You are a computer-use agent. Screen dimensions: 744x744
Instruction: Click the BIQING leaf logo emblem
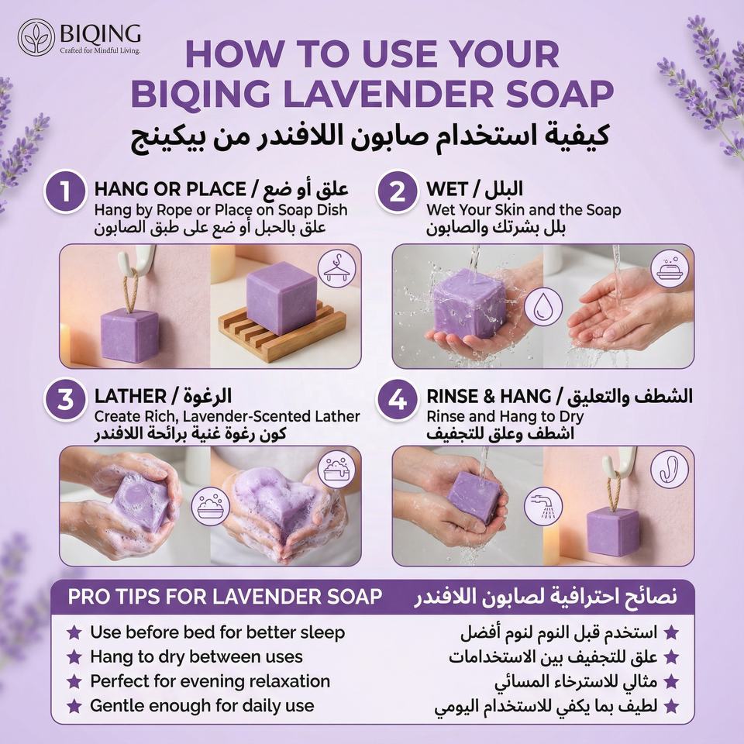click(36, 37)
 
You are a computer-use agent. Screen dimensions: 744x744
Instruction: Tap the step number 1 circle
click(65, 191)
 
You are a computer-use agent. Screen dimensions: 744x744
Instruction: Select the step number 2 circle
click(398, 191)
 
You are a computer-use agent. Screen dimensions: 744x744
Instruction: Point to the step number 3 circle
click(65, 399)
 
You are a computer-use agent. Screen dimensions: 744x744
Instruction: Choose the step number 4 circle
click(398, 399)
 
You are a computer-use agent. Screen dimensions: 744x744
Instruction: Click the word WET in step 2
click(447, 189)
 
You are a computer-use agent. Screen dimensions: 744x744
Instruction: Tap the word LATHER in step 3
click(130, 396)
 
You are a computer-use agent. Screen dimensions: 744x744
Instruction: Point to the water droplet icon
click(543, 307)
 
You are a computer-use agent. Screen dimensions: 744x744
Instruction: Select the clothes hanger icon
click(336, 269)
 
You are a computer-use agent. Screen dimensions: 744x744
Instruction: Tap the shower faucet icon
click(543, 506)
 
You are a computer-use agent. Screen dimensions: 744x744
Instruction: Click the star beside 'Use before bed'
click(74, 632)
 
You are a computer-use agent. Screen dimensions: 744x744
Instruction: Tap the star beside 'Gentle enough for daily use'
click(74, 705)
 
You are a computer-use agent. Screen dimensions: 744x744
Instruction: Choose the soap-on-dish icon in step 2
click(670, 269)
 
